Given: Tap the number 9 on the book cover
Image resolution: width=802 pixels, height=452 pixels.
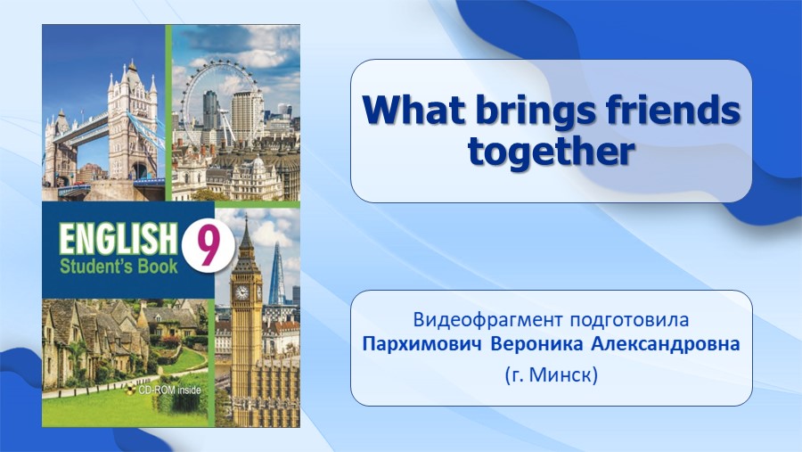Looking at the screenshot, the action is [208, 247].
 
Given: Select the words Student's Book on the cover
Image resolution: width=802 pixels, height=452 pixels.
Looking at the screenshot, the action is [119, 267].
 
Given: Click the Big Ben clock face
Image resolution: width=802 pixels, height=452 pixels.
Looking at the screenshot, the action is [241, 292].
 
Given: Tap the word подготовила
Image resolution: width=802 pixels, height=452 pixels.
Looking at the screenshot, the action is [629, 321].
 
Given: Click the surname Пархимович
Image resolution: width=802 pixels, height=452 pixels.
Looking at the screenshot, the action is [422, 344].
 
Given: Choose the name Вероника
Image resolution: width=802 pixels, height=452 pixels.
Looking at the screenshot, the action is [536, 344].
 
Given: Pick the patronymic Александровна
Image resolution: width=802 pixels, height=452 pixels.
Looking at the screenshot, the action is [666, 344].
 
